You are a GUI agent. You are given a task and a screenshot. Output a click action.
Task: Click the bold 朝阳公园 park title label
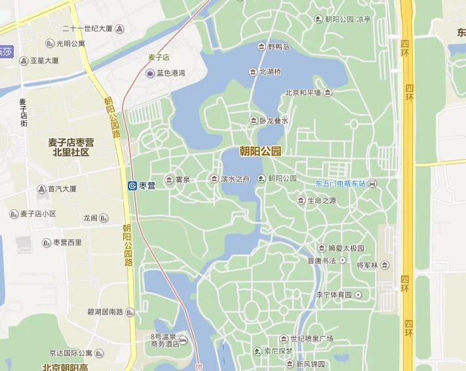click(260, 151)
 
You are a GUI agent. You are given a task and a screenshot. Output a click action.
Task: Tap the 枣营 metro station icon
click(132, 186)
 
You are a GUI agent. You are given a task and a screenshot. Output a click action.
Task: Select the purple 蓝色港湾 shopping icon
click(150, 73)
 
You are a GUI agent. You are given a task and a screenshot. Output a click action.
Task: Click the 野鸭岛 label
click(278, 47)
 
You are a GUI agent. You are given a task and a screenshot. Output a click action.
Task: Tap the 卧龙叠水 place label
click(273, 120)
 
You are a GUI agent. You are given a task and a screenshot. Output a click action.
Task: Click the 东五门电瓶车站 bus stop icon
click(372, 183)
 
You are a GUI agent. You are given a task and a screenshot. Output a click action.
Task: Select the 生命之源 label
click(321, 201)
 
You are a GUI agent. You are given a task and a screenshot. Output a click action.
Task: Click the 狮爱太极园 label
click(345, 248)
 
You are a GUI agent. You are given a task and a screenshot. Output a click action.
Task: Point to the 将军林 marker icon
click(385, 265)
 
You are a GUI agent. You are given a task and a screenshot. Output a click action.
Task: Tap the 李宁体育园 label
click(334, 295)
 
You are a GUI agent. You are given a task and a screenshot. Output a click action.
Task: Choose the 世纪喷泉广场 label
click(311, 338)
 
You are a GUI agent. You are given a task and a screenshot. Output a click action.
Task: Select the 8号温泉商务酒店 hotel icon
click(183, 340)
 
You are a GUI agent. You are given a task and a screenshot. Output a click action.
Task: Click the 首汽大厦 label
click(62, 189)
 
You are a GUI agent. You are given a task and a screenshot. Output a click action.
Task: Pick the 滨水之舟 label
click(235, 179)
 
